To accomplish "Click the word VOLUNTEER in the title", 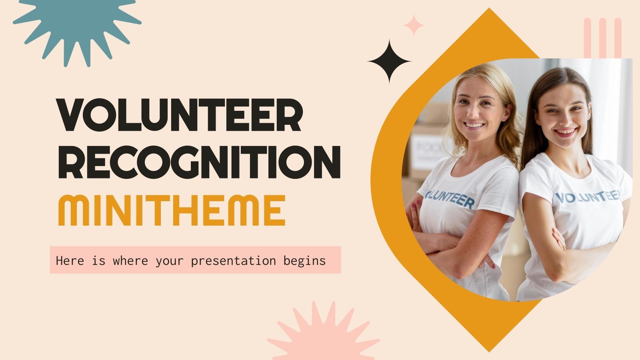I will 180,115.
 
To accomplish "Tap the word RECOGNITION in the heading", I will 199,162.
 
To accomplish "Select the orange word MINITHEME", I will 172,210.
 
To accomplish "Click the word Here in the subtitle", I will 70,261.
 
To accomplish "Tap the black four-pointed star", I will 389,61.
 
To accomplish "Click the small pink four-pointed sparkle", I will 414,25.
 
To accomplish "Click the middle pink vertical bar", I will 603,38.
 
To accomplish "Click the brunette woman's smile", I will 565,131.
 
